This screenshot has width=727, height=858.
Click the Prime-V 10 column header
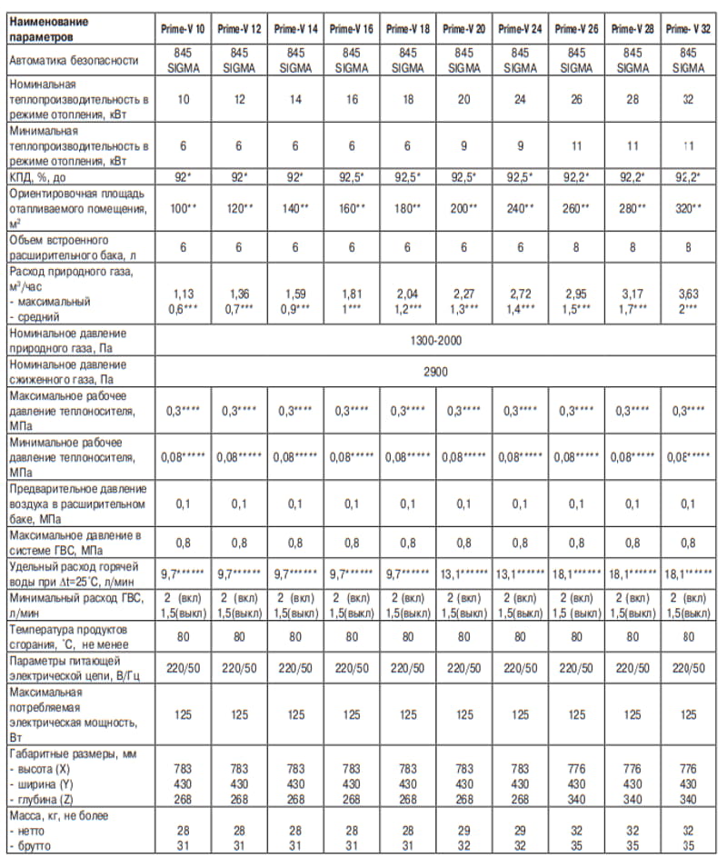(184, 29)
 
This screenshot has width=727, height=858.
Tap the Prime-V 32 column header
(688, 29)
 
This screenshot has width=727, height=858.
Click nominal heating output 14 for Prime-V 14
(296, 98)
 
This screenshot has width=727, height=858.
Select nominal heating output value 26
(576, 98)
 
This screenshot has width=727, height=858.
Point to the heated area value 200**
(464, 208)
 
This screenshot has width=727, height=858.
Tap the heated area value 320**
(688, 208)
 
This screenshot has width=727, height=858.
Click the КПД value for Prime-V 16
(352, 175)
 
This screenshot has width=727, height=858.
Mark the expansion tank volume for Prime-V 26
(576, 246)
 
